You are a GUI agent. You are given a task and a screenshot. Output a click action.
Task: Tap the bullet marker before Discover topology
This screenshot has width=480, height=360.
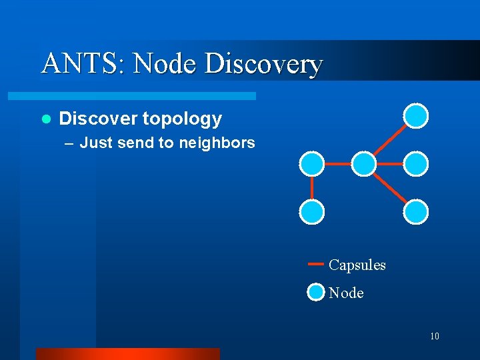tap(46, 119)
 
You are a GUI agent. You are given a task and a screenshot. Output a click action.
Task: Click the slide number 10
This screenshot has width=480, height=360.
tap(434, 336)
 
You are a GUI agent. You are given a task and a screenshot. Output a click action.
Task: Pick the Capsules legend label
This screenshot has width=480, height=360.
tap(357, 265)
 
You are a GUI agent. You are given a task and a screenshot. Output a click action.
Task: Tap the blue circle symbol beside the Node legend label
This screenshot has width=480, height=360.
tap(316, 292)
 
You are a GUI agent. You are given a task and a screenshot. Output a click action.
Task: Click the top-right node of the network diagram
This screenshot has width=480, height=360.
tap(417, 115)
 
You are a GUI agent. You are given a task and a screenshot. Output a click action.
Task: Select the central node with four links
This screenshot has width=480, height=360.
tap(364, 163)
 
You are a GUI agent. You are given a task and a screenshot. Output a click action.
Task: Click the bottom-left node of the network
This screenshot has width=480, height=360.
tap(311, 212)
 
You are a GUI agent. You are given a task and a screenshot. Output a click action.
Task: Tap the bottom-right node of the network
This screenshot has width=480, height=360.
tap(417, 212)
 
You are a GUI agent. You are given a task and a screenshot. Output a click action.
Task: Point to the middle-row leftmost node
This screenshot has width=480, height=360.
tap(311, 163)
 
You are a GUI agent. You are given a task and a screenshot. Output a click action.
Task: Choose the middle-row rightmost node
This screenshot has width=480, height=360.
tap(417, 163)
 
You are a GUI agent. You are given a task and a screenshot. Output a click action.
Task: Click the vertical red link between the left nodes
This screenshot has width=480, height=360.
tap(311, 188)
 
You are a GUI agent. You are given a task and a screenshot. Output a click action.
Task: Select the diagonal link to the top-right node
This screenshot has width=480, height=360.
tap(391, 139)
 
